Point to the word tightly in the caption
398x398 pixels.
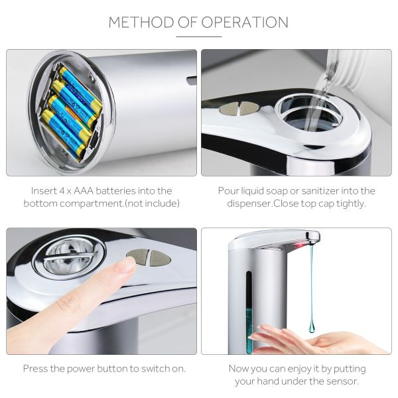(348, 204)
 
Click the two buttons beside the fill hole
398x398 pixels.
(239, 107)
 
